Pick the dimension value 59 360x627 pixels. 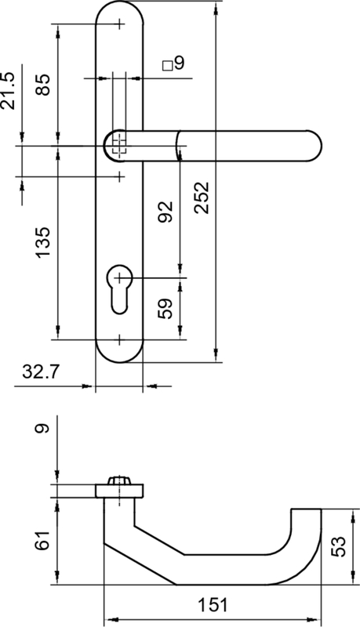165,308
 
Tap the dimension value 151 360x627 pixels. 212,605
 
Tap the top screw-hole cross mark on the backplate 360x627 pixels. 119,24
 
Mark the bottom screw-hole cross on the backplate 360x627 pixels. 119,339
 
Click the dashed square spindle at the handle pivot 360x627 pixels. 118,144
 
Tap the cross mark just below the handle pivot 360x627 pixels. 119,176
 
